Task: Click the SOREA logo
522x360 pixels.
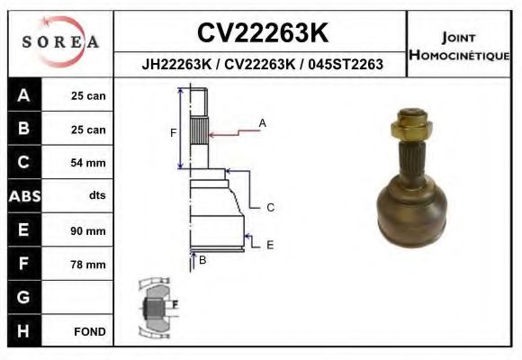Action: click(x=60, y=42)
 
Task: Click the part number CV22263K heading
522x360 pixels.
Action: click(x=262, y=32)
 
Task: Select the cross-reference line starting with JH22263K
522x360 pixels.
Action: click(x=262, y=65)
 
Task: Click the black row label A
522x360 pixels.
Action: click(x=22, y=95)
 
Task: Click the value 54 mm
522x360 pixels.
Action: click(x=88, y=163)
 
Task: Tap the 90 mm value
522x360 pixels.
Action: click(x=88, y=231)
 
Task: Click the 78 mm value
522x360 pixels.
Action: click(x=88, y=265)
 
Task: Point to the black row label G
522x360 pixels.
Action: click(x=22, y=298)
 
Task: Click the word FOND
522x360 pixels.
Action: click(x=90, y=332)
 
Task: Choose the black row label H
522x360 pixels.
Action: click(x=22, y=331)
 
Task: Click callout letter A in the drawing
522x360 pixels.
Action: click(x=263, y=122)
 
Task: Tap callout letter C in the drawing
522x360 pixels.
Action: click(x=270, y=208)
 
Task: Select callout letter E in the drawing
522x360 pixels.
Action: click(x=270, y=244)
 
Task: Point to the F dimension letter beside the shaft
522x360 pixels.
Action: click(x=173, y=133)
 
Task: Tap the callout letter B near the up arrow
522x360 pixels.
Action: click(x=202, y=261)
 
